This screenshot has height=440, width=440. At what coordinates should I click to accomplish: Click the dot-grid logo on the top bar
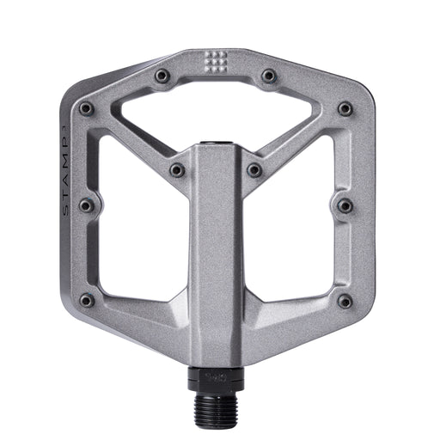click(x=217, y=61)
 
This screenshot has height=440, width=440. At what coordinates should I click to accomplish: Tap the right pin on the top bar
click(x=269, y=76)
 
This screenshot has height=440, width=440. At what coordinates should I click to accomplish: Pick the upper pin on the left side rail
click(x=86, y=109)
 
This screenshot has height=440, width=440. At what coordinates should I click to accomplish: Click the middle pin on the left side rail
click(x=86, y=205)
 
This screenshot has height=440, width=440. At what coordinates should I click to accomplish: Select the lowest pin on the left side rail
click(x=86, y=300)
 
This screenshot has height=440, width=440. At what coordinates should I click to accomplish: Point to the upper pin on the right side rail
click(x=345, y=109)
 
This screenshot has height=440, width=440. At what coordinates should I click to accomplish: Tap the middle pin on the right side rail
click(x=345, y=205)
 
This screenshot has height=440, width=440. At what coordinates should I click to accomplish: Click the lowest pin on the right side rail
click(x=345, y=300)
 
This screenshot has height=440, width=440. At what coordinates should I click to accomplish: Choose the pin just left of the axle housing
click(x=177, y=170)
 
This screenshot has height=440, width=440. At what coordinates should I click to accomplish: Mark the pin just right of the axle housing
click(x=254, y=170)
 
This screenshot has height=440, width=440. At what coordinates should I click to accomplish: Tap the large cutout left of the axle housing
click(x=137, y=232)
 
